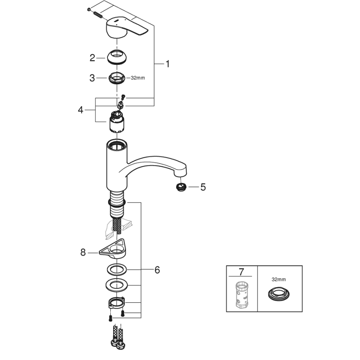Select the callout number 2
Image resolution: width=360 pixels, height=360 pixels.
point(92,58)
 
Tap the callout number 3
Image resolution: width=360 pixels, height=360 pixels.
point(92,78)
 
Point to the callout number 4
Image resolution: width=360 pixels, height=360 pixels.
point(81,110)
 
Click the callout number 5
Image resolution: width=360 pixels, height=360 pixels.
point(203,187)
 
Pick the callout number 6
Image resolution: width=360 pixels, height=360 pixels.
point(157,270)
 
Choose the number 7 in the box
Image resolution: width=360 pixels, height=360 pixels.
point(242,272)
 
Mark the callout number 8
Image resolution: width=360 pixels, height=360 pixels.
point(83,251)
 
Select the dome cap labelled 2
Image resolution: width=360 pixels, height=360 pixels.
point(117,57)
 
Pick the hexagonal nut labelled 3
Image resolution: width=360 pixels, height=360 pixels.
point(117,78)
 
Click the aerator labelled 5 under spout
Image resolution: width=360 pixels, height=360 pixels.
point(180,187)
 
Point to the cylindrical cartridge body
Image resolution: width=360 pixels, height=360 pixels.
point(117,124)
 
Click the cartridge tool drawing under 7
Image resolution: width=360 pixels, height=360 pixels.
point(241,295)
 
